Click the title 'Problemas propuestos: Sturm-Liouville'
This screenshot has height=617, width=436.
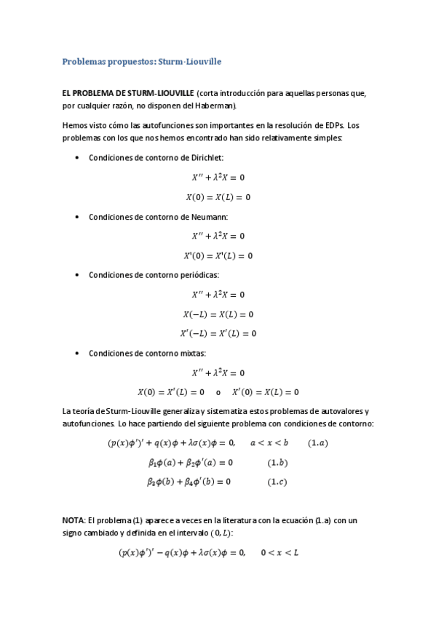pyautogui.click(x=142, y=62)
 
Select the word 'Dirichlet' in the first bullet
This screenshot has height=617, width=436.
pyautogui.click(x=205, y=157)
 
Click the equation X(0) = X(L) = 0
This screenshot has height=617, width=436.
pyautogui.click(x=218, y=196)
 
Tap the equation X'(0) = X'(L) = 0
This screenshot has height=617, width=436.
pyautogui.click(x=218, y=255)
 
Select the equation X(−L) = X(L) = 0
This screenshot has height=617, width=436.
pyautogui.click(x=218, y=314)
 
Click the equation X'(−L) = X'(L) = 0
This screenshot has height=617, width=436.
pyautogui.click(x=218, y=334)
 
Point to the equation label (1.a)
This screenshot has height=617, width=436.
pyautogui.click(x=317, y=442)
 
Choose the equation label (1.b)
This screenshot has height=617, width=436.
pyautogui.click(x=277, y=462)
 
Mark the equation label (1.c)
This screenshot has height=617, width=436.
pyautogui.click(x=277, y=482)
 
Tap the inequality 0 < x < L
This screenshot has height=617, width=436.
pyautogui.click(x=280, y=553)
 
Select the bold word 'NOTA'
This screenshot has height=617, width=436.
pyautogui.click(x=74, y=520)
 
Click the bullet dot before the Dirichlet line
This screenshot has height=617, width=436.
pyautogui.click(x=77, y=158)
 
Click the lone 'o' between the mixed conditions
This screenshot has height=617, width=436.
pyautogui.click(x=218, y=392)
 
